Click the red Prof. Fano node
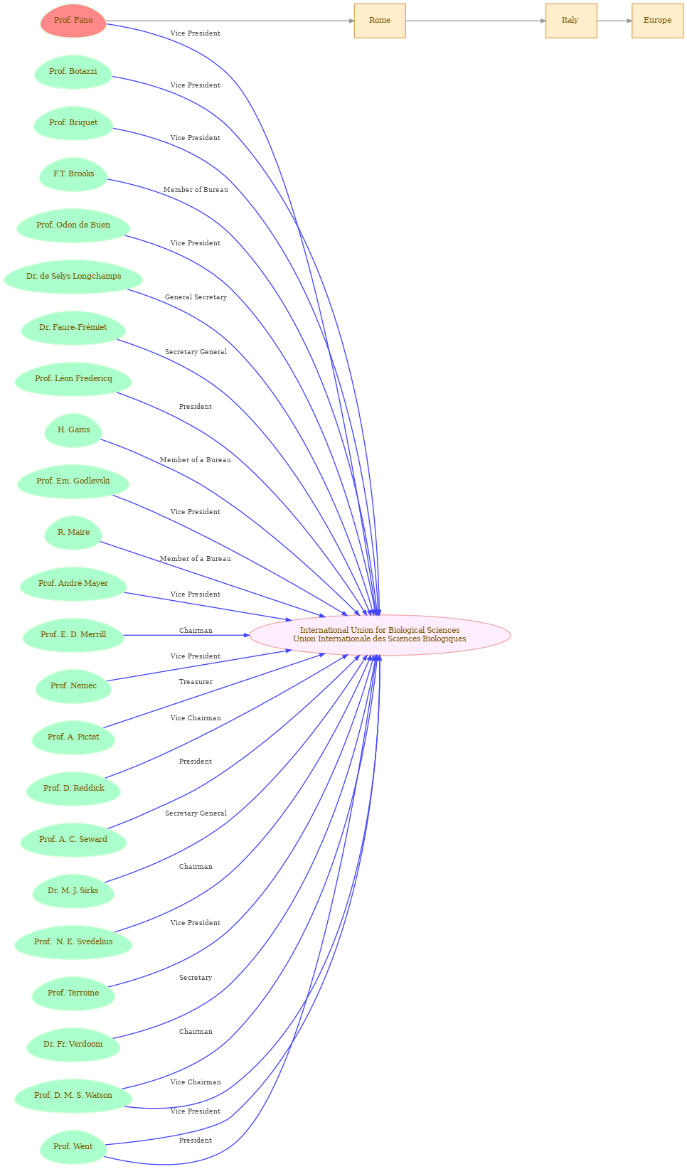(x=73, y=21)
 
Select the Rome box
(x=380, y=21)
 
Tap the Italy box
(x=571, y=21)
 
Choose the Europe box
(x=657, y=21)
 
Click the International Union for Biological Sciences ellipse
(x=380, y=634)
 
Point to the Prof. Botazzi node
(x=73, y=72)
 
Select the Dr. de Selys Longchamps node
(x=73, y=277)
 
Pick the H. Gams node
(x=73, y=430)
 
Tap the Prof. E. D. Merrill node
(x=73, y=634)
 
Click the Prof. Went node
(x=73, y=1146)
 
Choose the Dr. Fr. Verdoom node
(x=73, y=1045)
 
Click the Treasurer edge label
(x=196, y=682)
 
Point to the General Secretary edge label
(x=196, y=297)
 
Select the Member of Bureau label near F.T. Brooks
(x=196, y=189)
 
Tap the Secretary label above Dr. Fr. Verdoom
(x=196, y=978)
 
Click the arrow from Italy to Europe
(x=614, y=21)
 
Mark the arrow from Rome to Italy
(x=476, y=21)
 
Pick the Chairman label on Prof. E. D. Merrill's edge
(x=196, y=631)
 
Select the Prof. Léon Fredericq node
(x=73, y=379)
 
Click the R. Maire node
(x=73, y=533)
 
